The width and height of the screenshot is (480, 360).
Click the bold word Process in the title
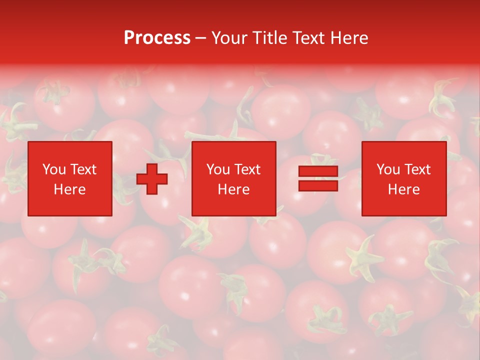click(157, 38)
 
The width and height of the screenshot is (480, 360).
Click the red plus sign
click(152, 179)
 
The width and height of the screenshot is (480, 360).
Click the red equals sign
click(318, 179)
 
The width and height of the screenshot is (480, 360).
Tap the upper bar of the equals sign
click(318, 172)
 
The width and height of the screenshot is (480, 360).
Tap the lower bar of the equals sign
click(318, 186)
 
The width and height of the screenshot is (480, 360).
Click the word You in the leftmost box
click(54, 170)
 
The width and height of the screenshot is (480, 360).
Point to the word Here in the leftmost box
click(69, 189)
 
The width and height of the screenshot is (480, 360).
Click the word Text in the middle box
click(247, 170)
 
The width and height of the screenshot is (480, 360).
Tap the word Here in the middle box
click(233, 189)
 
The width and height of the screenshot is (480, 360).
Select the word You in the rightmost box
click(388, 170)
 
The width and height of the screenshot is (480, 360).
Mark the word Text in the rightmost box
click(417, 170)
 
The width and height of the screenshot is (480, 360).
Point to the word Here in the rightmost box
click(403, 189)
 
